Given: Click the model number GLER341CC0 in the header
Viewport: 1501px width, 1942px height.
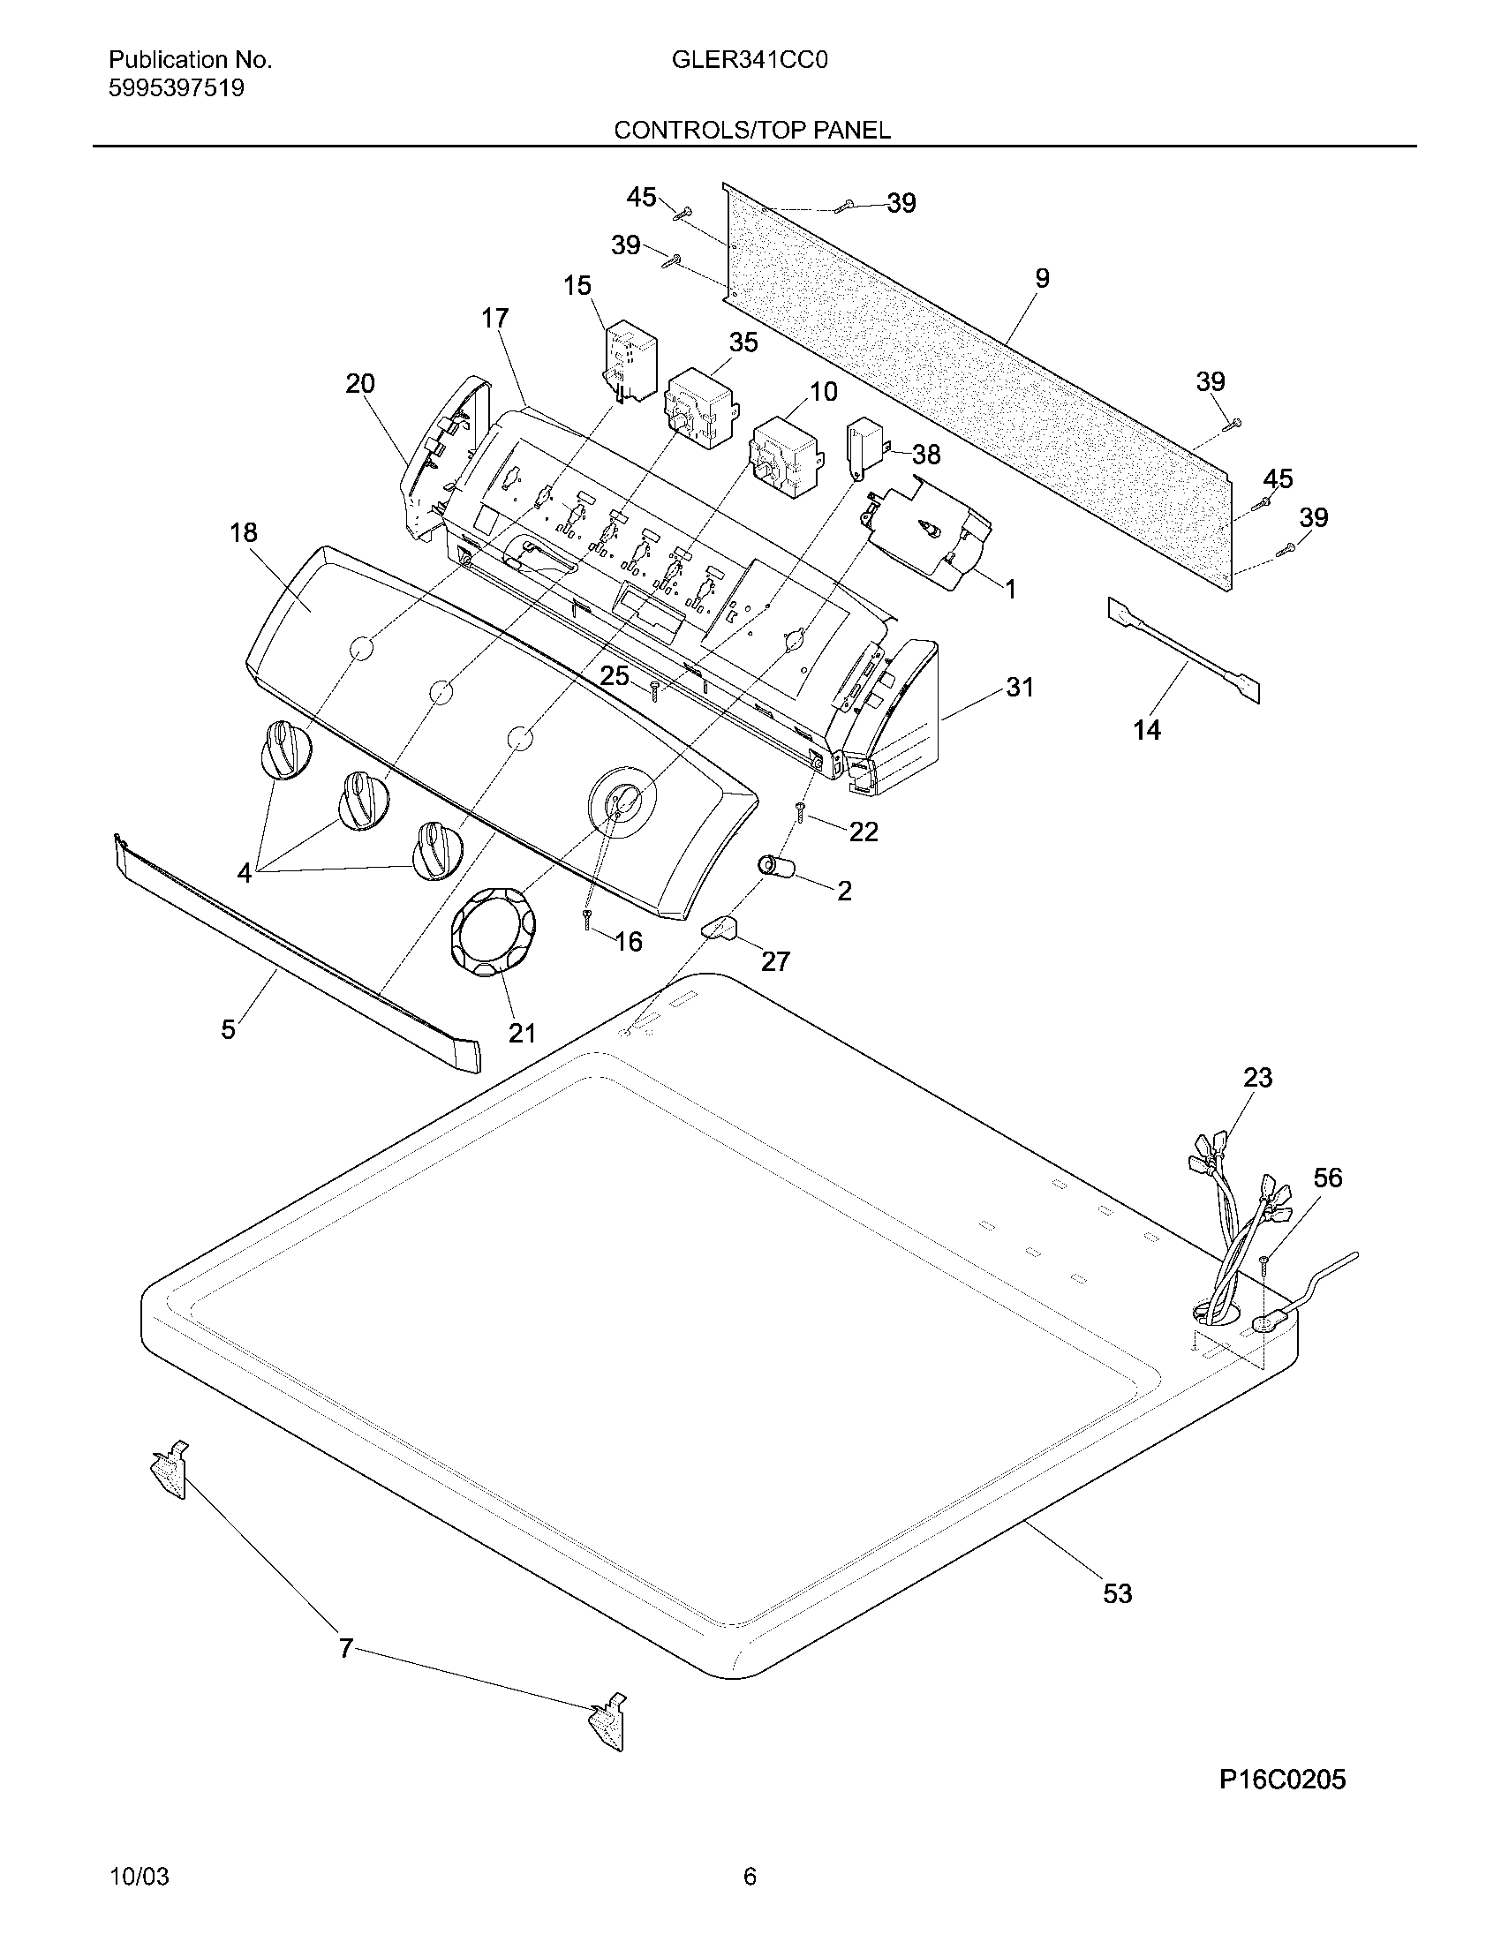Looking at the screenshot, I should pos(750,60).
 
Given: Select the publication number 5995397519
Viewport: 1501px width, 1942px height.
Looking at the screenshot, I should pos(176,89).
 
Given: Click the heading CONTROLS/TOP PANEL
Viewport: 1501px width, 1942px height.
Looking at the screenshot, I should pos(752,131).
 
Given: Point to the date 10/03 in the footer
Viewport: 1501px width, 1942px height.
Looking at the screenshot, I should pos(139,1877).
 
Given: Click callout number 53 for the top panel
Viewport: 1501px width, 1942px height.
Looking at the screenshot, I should pos(1117,1593).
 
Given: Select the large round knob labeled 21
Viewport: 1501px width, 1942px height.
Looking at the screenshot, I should pos(493,946).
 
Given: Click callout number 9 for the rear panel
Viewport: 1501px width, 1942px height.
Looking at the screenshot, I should pos(1042,278).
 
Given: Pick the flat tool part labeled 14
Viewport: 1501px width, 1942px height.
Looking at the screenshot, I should pos(1182,649).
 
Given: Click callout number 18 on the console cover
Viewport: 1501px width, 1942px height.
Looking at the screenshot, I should pos(243,532).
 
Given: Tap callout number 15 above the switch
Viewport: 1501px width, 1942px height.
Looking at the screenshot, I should pos(577,285).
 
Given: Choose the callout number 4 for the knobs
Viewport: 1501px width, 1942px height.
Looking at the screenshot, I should pos(245,873).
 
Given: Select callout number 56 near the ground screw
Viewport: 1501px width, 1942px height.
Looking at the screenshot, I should pos(1328,1178).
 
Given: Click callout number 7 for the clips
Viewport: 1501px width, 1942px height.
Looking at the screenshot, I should pos(346,1650).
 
